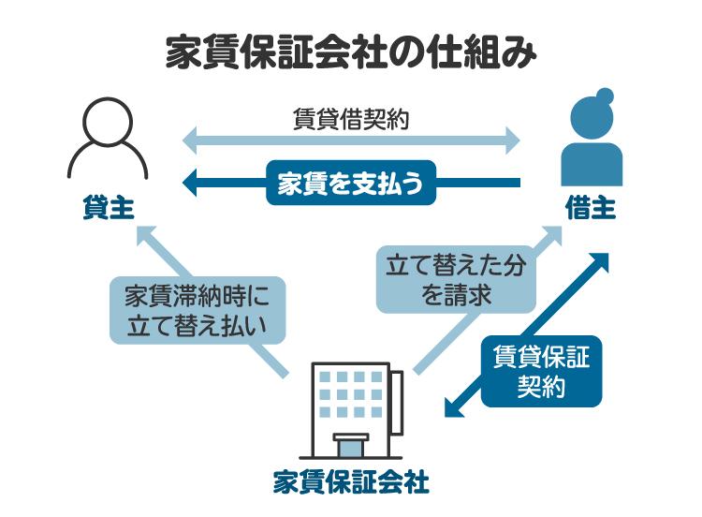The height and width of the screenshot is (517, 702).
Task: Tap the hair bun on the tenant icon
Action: click(x=605, y=96)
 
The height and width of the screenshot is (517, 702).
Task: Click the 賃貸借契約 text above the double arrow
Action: click(x=351, y=120)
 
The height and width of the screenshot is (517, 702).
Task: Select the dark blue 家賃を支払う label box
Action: click(x=352, y=184)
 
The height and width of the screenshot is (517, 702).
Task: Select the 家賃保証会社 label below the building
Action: click(x=351, y=482)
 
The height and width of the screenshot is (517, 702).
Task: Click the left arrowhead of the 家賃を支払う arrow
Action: click(x=190, y=184)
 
